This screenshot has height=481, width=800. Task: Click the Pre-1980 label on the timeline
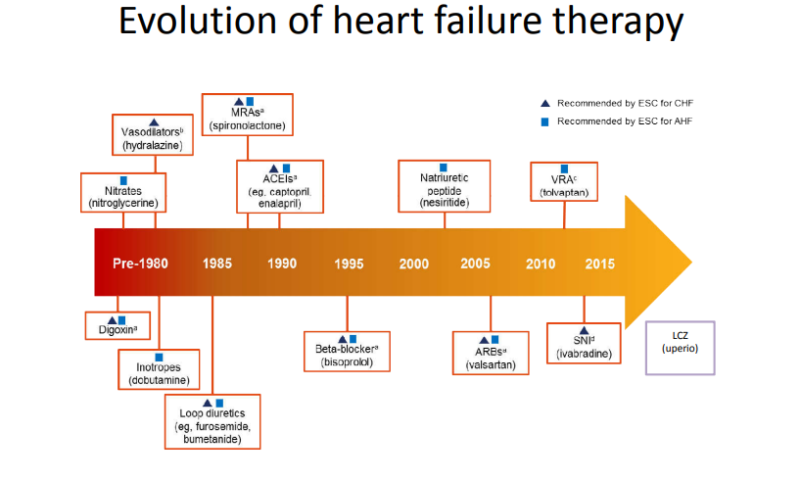[x=140, y=264]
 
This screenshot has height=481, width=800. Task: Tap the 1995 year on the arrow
[x=349, y=264]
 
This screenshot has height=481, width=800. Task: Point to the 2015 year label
[x=600, y=264]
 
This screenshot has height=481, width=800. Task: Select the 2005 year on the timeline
[x=476, y=264]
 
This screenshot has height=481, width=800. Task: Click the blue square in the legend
[x=544, y=122]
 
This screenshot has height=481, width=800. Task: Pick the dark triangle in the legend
[x=544, y=104]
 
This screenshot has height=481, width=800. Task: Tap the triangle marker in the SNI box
[x=585, y=331]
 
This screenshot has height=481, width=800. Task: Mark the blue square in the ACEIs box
[x=286, y=168]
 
